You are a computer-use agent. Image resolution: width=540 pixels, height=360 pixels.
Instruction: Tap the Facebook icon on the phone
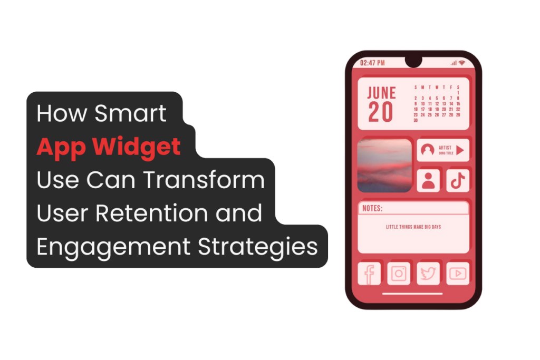pos(369,273)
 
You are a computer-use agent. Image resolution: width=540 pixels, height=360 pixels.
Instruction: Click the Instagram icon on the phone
pos(399,273)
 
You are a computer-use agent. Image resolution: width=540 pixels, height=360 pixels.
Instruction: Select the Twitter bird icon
pos(428,273)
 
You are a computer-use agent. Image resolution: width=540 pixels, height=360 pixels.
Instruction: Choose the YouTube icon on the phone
pos(457,273)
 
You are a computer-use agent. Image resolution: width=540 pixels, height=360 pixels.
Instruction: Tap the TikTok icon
pos(457,180)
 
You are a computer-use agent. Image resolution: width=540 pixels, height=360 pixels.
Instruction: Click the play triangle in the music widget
pos(460,150)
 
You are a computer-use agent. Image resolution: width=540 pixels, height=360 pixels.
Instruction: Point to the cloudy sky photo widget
pos(384,166)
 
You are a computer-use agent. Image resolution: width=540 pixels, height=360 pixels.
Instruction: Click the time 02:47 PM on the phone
pos(372,63)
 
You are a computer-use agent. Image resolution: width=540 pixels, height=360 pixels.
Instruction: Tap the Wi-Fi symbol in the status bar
pos(462,63)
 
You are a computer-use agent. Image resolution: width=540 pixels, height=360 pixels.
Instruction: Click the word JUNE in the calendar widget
pos(382,93)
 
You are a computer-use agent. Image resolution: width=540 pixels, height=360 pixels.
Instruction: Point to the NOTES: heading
pos(373,209)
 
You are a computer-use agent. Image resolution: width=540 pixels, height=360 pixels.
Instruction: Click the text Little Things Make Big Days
pos(413,227)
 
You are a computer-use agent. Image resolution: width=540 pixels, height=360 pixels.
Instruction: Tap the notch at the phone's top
pos(413,62)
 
